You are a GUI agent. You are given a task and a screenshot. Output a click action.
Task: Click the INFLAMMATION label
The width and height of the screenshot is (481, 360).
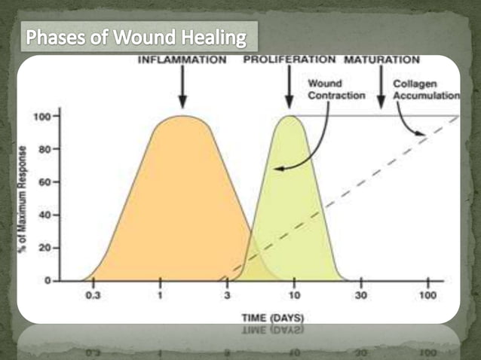182,60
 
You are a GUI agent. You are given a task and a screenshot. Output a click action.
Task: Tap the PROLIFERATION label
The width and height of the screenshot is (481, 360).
290,60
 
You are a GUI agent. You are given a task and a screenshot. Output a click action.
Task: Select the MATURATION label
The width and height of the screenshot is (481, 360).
382,60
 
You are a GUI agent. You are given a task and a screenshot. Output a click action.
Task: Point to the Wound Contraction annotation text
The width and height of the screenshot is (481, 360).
337,90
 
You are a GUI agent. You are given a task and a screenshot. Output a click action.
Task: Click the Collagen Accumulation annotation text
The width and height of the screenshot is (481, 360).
427,90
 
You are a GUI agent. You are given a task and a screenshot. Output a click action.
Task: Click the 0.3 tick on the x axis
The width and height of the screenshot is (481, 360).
93,294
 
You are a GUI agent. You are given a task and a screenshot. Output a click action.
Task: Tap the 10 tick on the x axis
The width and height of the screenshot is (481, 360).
294,294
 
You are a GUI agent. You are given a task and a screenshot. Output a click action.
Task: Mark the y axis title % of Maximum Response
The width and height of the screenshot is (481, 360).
23,200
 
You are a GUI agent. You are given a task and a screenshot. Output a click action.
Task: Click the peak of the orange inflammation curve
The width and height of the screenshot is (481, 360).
182,117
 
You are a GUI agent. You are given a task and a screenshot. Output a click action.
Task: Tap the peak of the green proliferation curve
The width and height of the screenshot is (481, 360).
289,117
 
